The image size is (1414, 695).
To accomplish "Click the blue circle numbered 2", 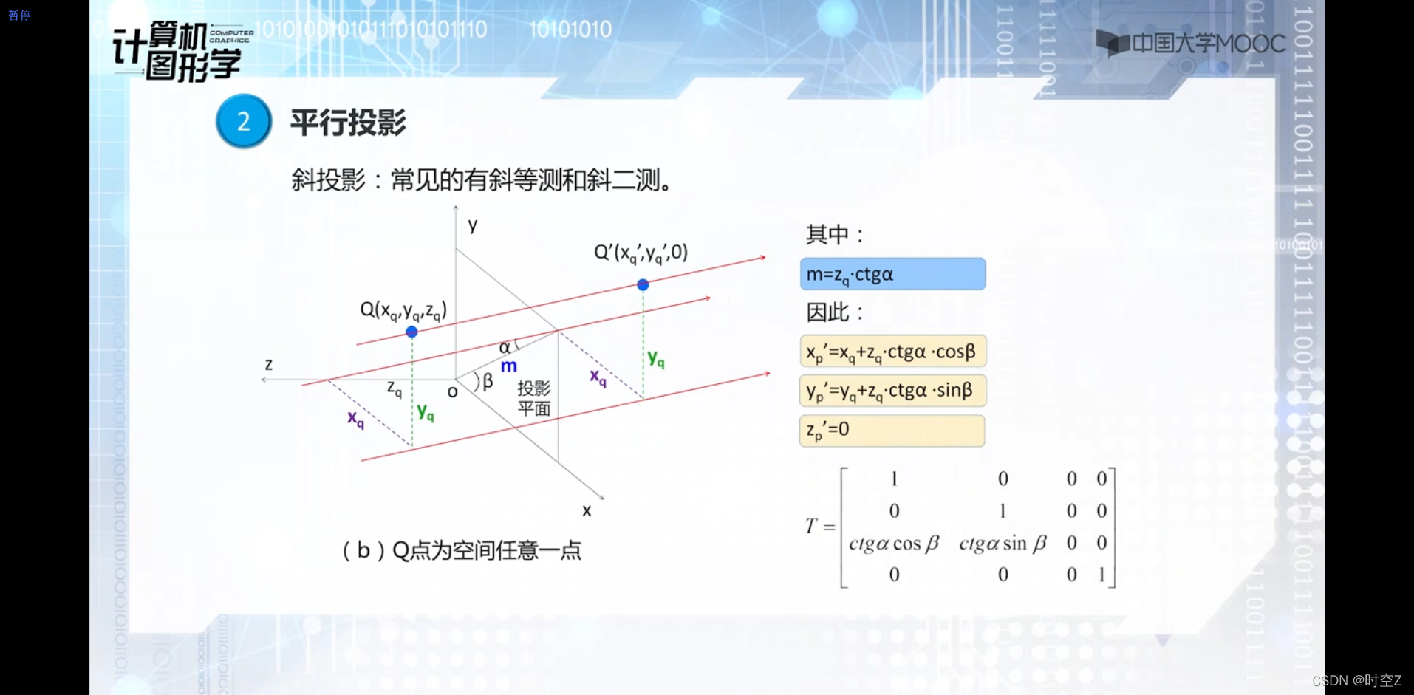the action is point(244,121).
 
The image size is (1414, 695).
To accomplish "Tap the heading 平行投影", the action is point(348,123).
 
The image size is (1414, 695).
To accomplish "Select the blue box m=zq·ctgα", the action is point(892,274).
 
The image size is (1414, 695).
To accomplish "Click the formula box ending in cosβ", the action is point(892,352).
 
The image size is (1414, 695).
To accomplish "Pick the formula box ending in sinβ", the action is point(892,391).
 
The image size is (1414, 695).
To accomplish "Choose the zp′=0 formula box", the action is point(892,431).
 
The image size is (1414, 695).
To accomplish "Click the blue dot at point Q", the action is point(412,332).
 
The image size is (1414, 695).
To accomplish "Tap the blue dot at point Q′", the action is point(643,284).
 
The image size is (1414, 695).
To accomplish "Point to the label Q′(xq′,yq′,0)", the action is point(641,253).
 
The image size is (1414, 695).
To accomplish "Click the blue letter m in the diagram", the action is point(509,366).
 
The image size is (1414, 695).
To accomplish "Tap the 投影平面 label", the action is point(534,398).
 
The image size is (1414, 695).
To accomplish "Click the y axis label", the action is point(473,225).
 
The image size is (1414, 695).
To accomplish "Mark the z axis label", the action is point(269,364).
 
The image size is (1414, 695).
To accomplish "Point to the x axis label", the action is point(587,510).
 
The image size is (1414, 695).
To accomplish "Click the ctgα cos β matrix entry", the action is point(894,544).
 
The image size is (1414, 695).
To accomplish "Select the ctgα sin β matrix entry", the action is point(1003,544).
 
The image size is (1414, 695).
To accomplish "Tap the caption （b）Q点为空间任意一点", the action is point(462,550).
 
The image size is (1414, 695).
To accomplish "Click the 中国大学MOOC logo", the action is point(1190,44).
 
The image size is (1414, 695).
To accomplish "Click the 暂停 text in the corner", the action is point(20,15).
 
